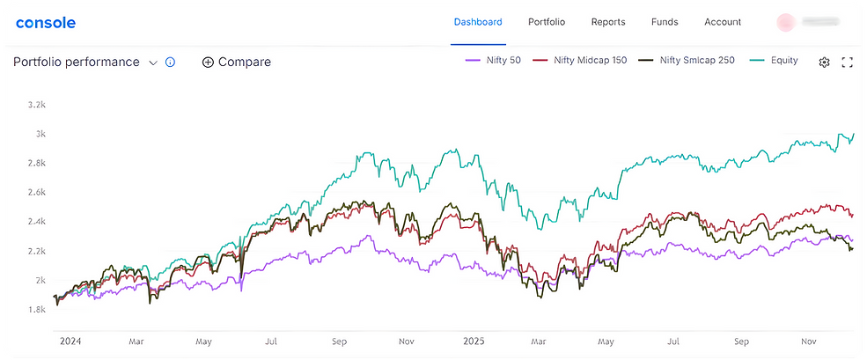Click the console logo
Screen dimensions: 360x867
[x=46, y=22]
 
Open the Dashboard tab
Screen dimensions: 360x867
[x=478, y=22]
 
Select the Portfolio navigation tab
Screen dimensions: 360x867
[x=547, y=22]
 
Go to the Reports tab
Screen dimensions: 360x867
[x=608, y=22]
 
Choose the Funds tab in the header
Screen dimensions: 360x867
[x=665, y=22]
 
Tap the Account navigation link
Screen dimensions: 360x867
[x=723, y=22]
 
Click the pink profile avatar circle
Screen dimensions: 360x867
[x=785, y=22]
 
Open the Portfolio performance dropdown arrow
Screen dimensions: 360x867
[x=153, y=62]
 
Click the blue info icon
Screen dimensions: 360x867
[x=171, y=62]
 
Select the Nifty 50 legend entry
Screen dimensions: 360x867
[x=494, y=61]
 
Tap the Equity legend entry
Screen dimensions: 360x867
[x=774, y=61]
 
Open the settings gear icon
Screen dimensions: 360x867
[x=825, y=62]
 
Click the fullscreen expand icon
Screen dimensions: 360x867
[x=848, y=62]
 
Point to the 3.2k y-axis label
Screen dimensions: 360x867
[x=36, y=105]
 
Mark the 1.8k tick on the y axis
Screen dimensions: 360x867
[x=36, y=310]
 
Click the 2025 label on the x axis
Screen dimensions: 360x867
[x=473, y=341]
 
